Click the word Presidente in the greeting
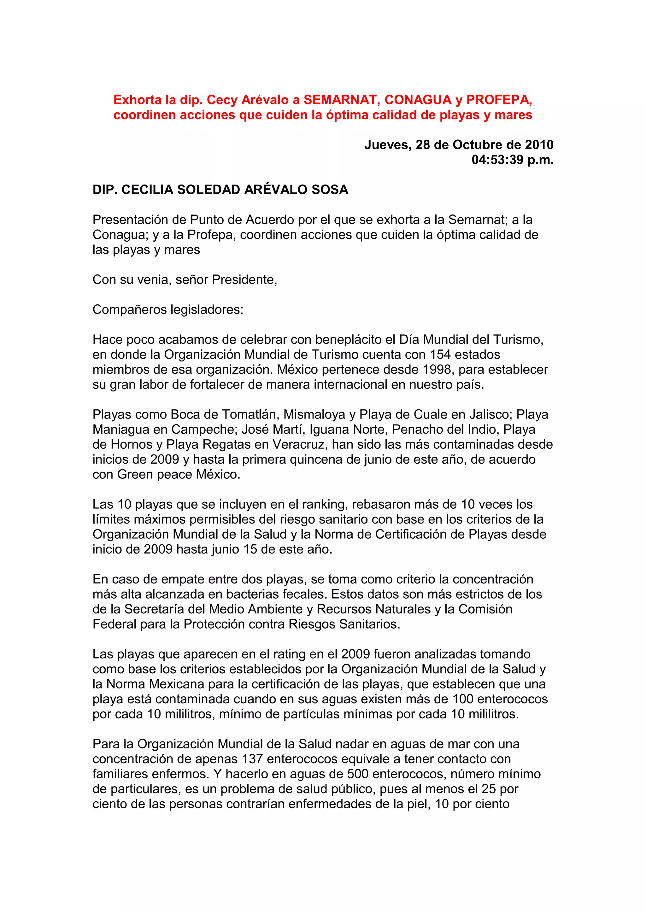tap(244, 279)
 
